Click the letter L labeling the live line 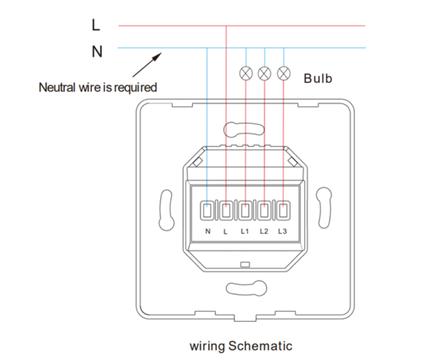click(96, 26)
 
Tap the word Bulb click(318, 78)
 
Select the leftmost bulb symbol click(246, 73)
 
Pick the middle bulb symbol click(265, 73)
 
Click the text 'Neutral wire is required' click(98, 87)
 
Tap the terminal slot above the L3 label click(282, 211)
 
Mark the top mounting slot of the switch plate click(245, 132)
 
